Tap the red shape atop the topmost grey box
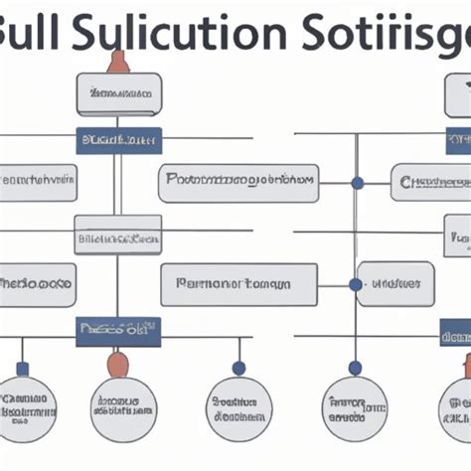(118, 62)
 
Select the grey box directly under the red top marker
(118, 94)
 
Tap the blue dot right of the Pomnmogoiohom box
(357, 183)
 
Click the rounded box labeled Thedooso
(36, 284)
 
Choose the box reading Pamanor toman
(238, 284)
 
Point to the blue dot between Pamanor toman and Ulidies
(356, 284)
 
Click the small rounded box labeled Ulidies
(396, 284)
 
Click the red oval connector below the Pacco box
(118, 363)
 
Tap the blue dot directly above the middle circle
(238, 368)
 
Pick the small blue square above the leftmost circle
(22, 369)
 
